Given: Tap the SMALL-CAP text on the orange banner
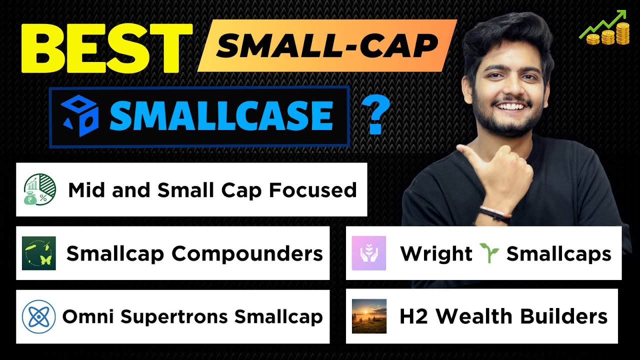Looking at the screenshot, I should (x=327, y=46).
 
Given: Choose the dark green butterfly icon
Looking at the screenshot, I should (x=39, y=253).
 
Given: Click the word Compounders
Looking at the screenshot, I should (x=247, y=254).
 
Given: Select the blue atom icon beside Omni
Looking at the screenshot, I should (x=39, y=316).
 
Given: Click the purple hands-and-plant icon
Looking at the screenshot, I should (x=369, y=253).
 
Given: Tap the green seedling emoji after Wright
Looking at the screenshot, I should (x=489, y=253).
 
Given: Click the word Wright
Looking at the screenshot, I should (x=436, y=254).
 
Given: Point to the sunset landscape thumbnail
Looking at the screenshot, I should (x=369, y=316).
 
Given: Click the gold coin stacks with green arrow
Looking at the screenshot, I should (x=606, y=28).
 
